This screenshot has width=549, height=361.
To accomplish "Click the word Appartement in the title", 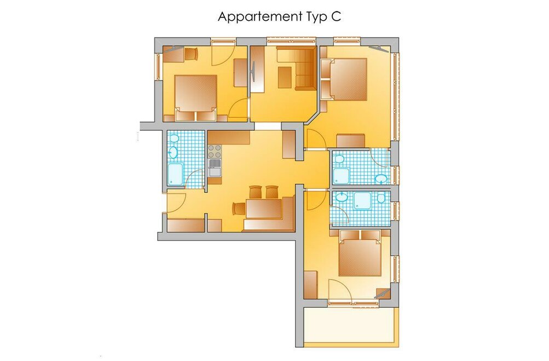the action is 260,17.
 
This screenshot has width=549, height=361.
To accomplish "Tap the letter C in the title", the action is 336,16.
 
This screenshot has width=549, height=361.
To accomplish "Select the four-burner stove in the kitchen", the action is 215,151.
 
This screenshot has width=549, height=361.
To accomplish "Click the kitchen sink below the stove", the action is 215,167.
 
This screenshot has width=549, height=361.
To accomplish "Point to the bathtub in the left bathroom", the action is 175,174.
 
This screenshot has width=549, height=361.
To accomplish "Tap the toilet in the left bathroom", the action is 174,138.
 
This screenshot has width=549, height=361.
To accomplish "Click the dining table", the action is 264,208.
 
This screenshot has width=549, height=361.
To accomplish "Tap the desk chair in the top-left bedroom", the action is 191,54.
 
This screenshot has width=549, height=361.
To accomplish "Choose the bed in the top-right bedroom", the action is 348,79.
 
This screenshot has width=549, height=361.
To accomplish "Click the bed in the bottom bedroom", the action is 360,253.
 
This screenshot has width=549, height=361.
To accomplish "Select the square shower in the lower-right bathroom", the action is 362,201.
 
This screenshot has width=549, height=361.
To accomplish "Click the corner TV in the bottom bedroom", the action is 383,293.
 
